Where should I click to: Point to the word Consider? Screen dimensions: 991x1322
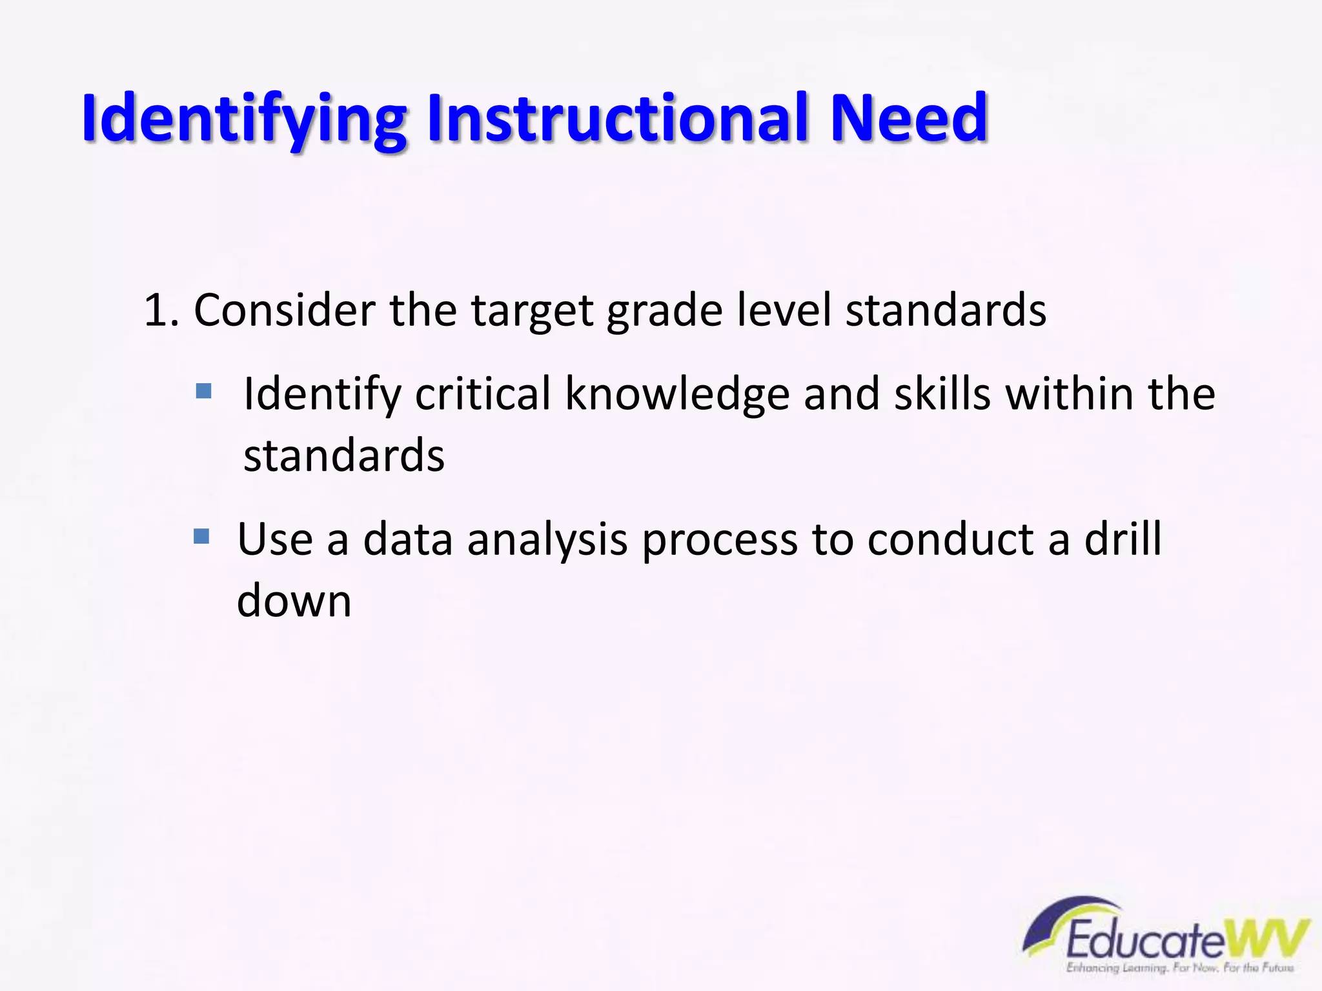point(284,311)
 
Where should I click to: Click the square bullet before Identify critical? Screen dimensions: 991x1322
point(203,391)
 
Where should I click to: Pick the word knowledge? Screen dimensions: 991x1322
point(677,395)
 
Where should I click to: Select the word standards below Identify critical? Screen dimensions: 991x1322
point(343,455)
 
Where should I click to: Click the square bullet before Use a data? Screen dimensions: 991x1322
point(201,536)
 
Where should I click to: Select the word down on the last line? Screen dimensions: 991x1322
point(294,601)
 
